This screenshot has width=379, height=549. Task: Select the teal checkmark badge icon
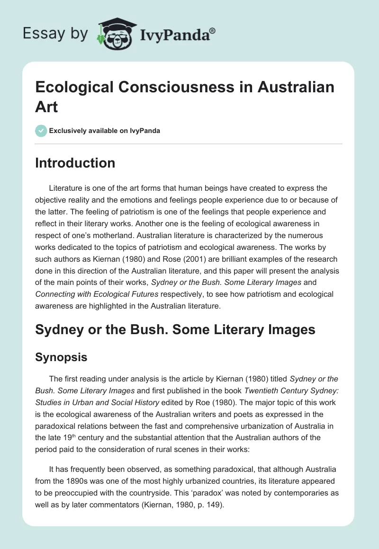(x=41, y=131)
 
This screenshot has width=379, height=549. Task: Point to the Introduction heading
(x=75, y=163)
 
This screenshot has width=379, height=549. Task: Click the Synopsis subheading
(x=61, y=357)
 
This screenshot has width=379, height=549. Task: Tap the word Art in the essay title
(x=46, y=106)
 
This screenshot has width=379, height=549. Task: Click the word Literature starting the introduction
(x=66, y=188)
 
